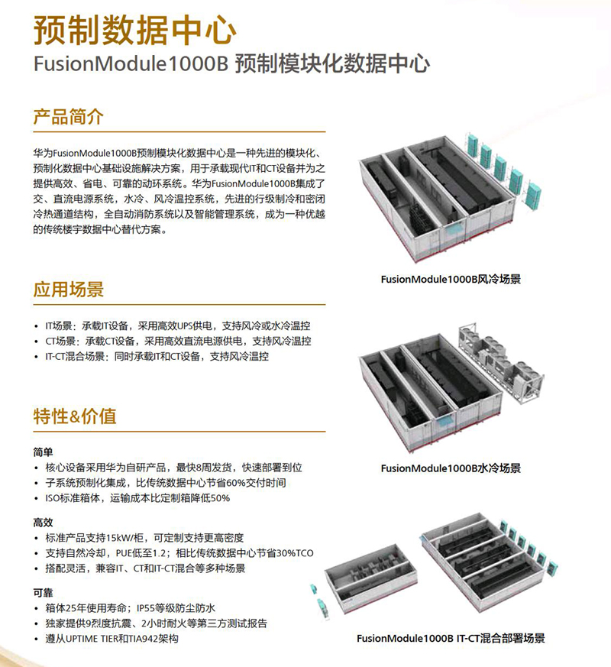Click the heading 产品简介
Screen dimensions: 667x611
[68, 118]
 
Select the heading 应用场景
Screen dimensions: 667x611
[68, 290]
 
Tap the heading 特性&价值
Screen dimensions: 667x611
[74, 416]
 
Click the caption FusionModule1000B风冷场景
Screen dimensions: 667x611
[451, 280]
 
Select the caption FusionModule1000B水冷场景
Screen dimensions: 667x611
[451, 468]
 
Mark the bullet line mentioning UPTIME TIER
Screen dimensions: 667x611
[112, 638]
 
